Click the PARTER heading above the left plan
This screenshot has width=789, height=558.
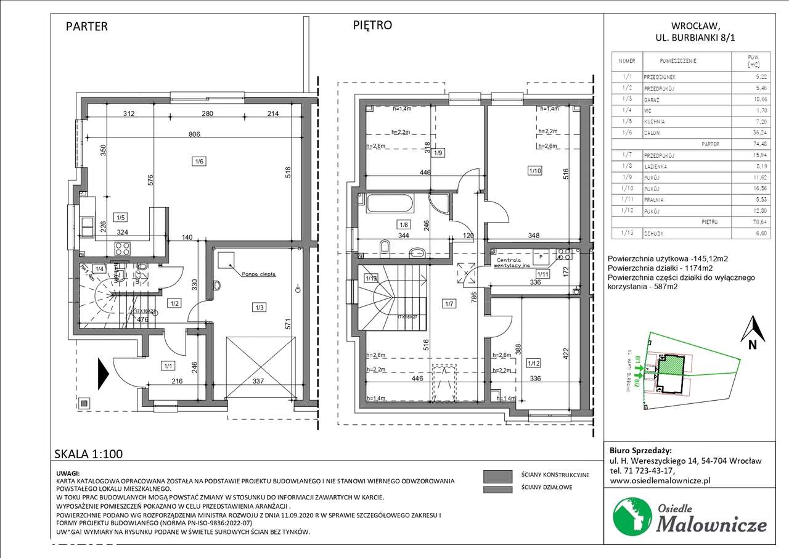86,27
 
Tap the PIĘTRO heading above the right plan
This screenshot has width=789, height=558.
372,25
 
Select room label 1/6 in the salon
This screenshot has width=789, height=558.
198,161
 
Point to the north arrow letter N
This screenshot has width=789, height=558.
752,345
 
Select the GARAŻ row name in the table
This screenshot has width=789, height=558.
653,99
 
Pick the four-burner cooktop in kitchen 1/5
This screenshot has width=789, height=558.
121,248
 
